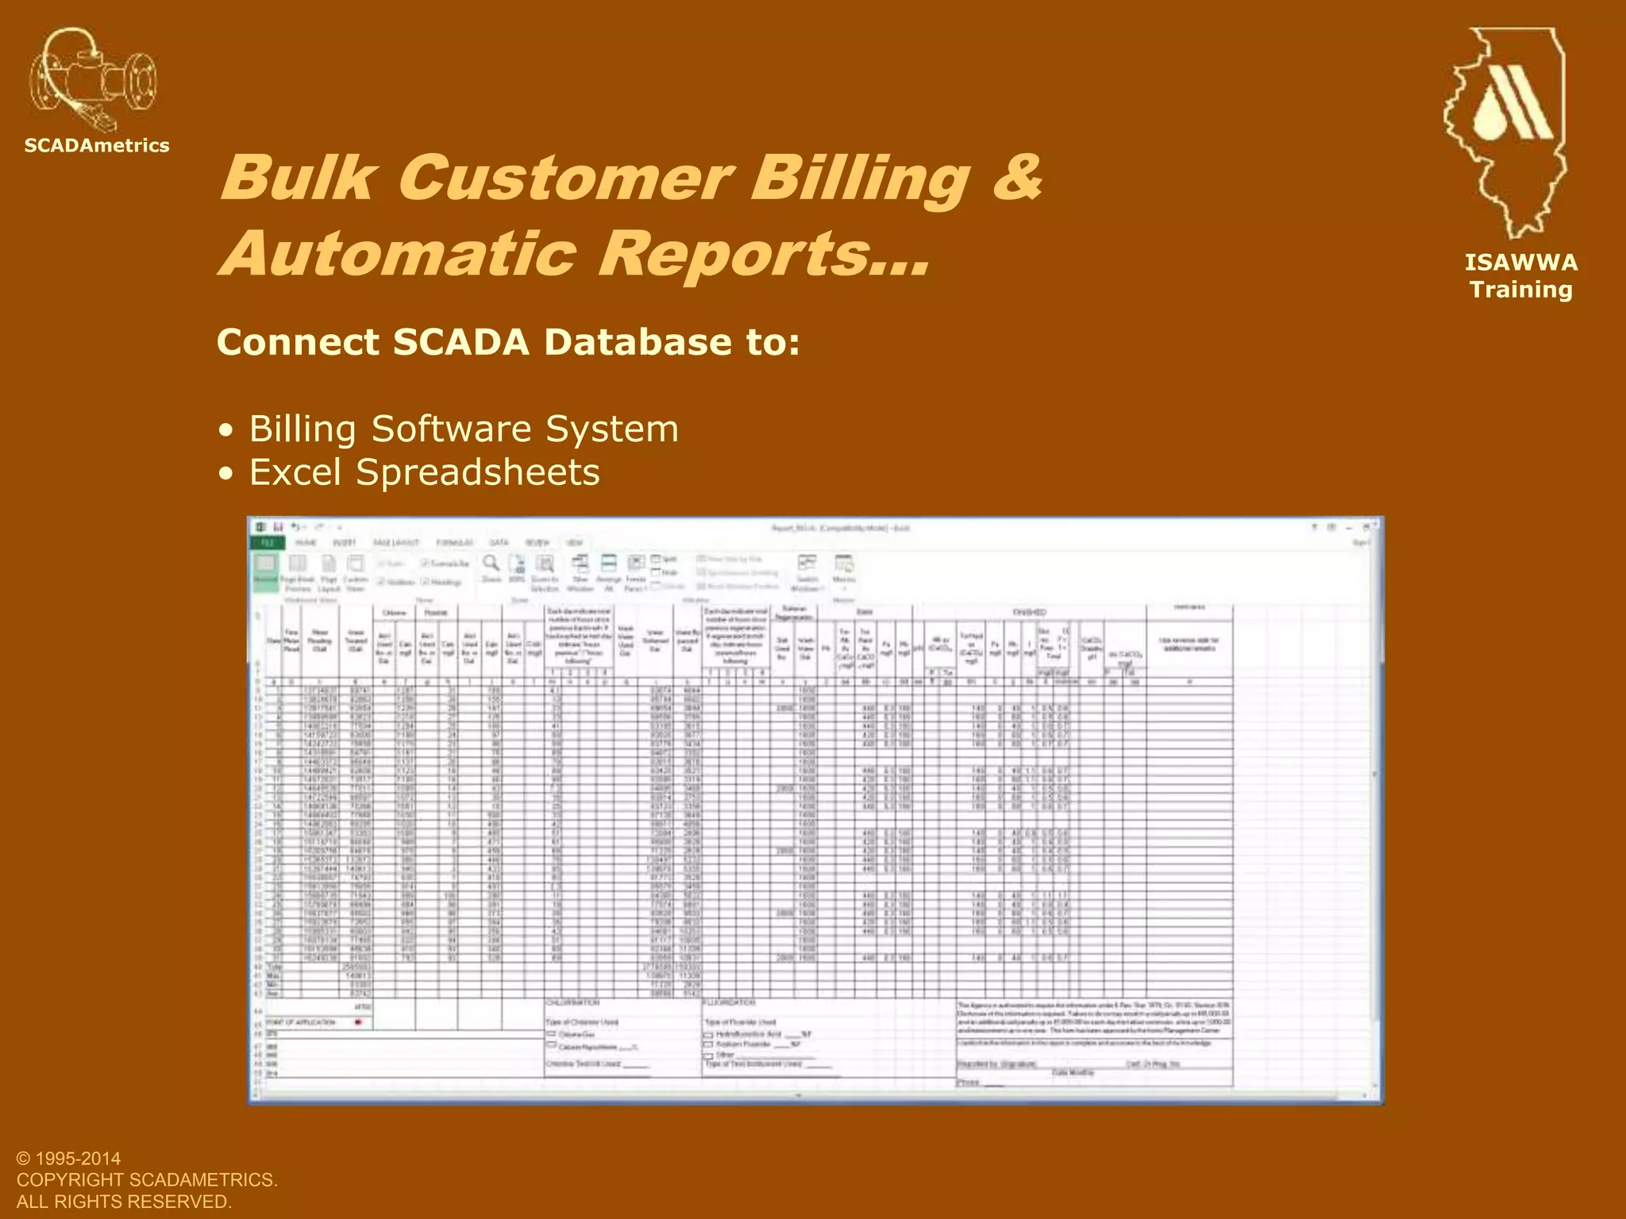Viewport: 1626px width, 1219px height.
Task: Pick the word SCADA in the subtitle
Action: (x=460, y=342)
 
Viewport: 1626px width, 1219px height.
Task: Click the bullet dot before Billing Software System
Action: (x=228, y=431)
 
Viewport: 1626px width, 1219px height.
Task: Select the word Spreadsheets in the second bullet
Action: (x=478, y=472)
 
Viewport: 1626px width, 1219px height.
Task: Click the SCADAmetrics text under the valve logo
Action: (x=97, y=145)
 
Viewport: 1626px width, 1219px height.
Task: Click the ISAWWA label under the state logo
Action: (x=1521, y=263)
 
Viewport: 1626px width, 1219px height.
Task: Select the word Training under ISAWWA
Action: (x=1521, y=290)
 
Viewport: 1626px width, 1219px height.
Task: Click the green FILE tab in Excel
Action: (x=268, y=543)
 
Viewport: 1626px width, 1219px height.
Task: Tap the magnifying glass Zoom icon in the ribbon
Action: (x=492, y=564)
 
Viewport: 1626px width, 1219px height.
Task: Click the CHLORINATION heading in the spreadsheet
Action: (x=572, y=1003)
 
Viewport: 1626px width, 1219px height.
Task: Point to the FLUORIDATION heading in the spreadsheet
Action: (x=730, y=1003)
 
